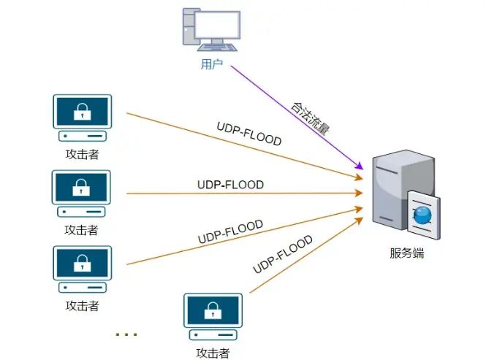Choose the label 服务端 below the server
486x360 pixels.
(406, 254)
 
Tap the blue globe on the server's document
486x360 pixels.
(422, 215)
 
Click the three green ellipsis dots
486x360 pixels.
(126, 334)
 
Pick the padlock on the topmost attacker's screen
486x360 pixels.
(83, 112)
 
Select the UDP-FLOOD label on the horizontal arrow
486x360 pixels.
(230, 185)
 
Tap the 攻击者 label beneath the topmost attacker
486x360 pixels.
(82, 154)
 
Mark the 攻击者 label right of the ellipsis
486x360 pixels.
(213, 353)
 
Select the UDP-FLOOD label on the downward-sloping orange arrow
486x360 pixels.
(249, 134)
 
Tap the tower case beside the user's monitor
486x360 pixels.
(189, 30)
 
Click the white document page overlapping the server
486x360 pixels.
(422, 215)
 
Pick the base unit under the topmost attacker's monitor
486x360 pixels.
(82, 136)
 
